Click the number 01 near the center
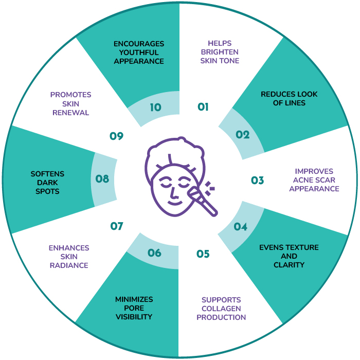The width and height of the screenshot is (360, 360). pyautogui.click(x=203, y=107)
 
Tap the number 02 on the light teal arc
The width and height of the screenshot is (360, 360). pyautogui.click(x=242, y=135)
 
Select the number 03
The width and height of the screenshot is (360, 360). pyautogui.click(x=257, y=181)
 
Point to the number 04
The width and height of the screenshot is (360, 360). pyautogui.click(x=240, y=227)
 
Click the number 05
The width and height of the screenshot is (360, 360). pyautogui.click(x=203, y=254)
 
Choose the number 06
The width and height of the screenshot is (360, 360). pyautogui.click(x=154, y=253)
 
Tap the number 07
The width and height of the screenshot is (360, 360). pyautogui.click(x=117, y=226)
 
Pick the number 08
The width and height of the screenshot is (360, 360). pyautogui.click(x=102, y=179)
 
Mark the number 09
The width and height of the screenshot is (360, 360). pyautogui.click(x=116, y=136)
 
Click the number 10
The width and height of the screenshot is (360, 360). pyautogui.click(x=155, y=107)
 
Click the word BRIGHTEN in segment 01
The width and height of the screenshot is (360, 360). pyautogui.click(x=220, y=52)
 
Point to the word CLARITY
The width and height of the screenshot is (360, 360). pyautogui.click(x=289, y=265)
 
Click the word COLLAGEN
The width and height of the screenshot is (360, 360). pyautogui.click(x=221, y=309)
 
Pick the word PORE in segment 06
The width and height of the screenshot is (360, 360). pyautogui.click(x=134, y=308)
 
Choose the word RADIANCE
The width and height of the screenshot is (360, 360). pyautogui.click(x=69, y=265)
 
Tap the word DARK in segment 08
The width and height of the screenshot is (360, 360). pyautogui.click(x=47, y=183)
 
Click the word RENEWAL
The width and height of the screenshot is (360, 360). pyautogui.click(x=71, y=113)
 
